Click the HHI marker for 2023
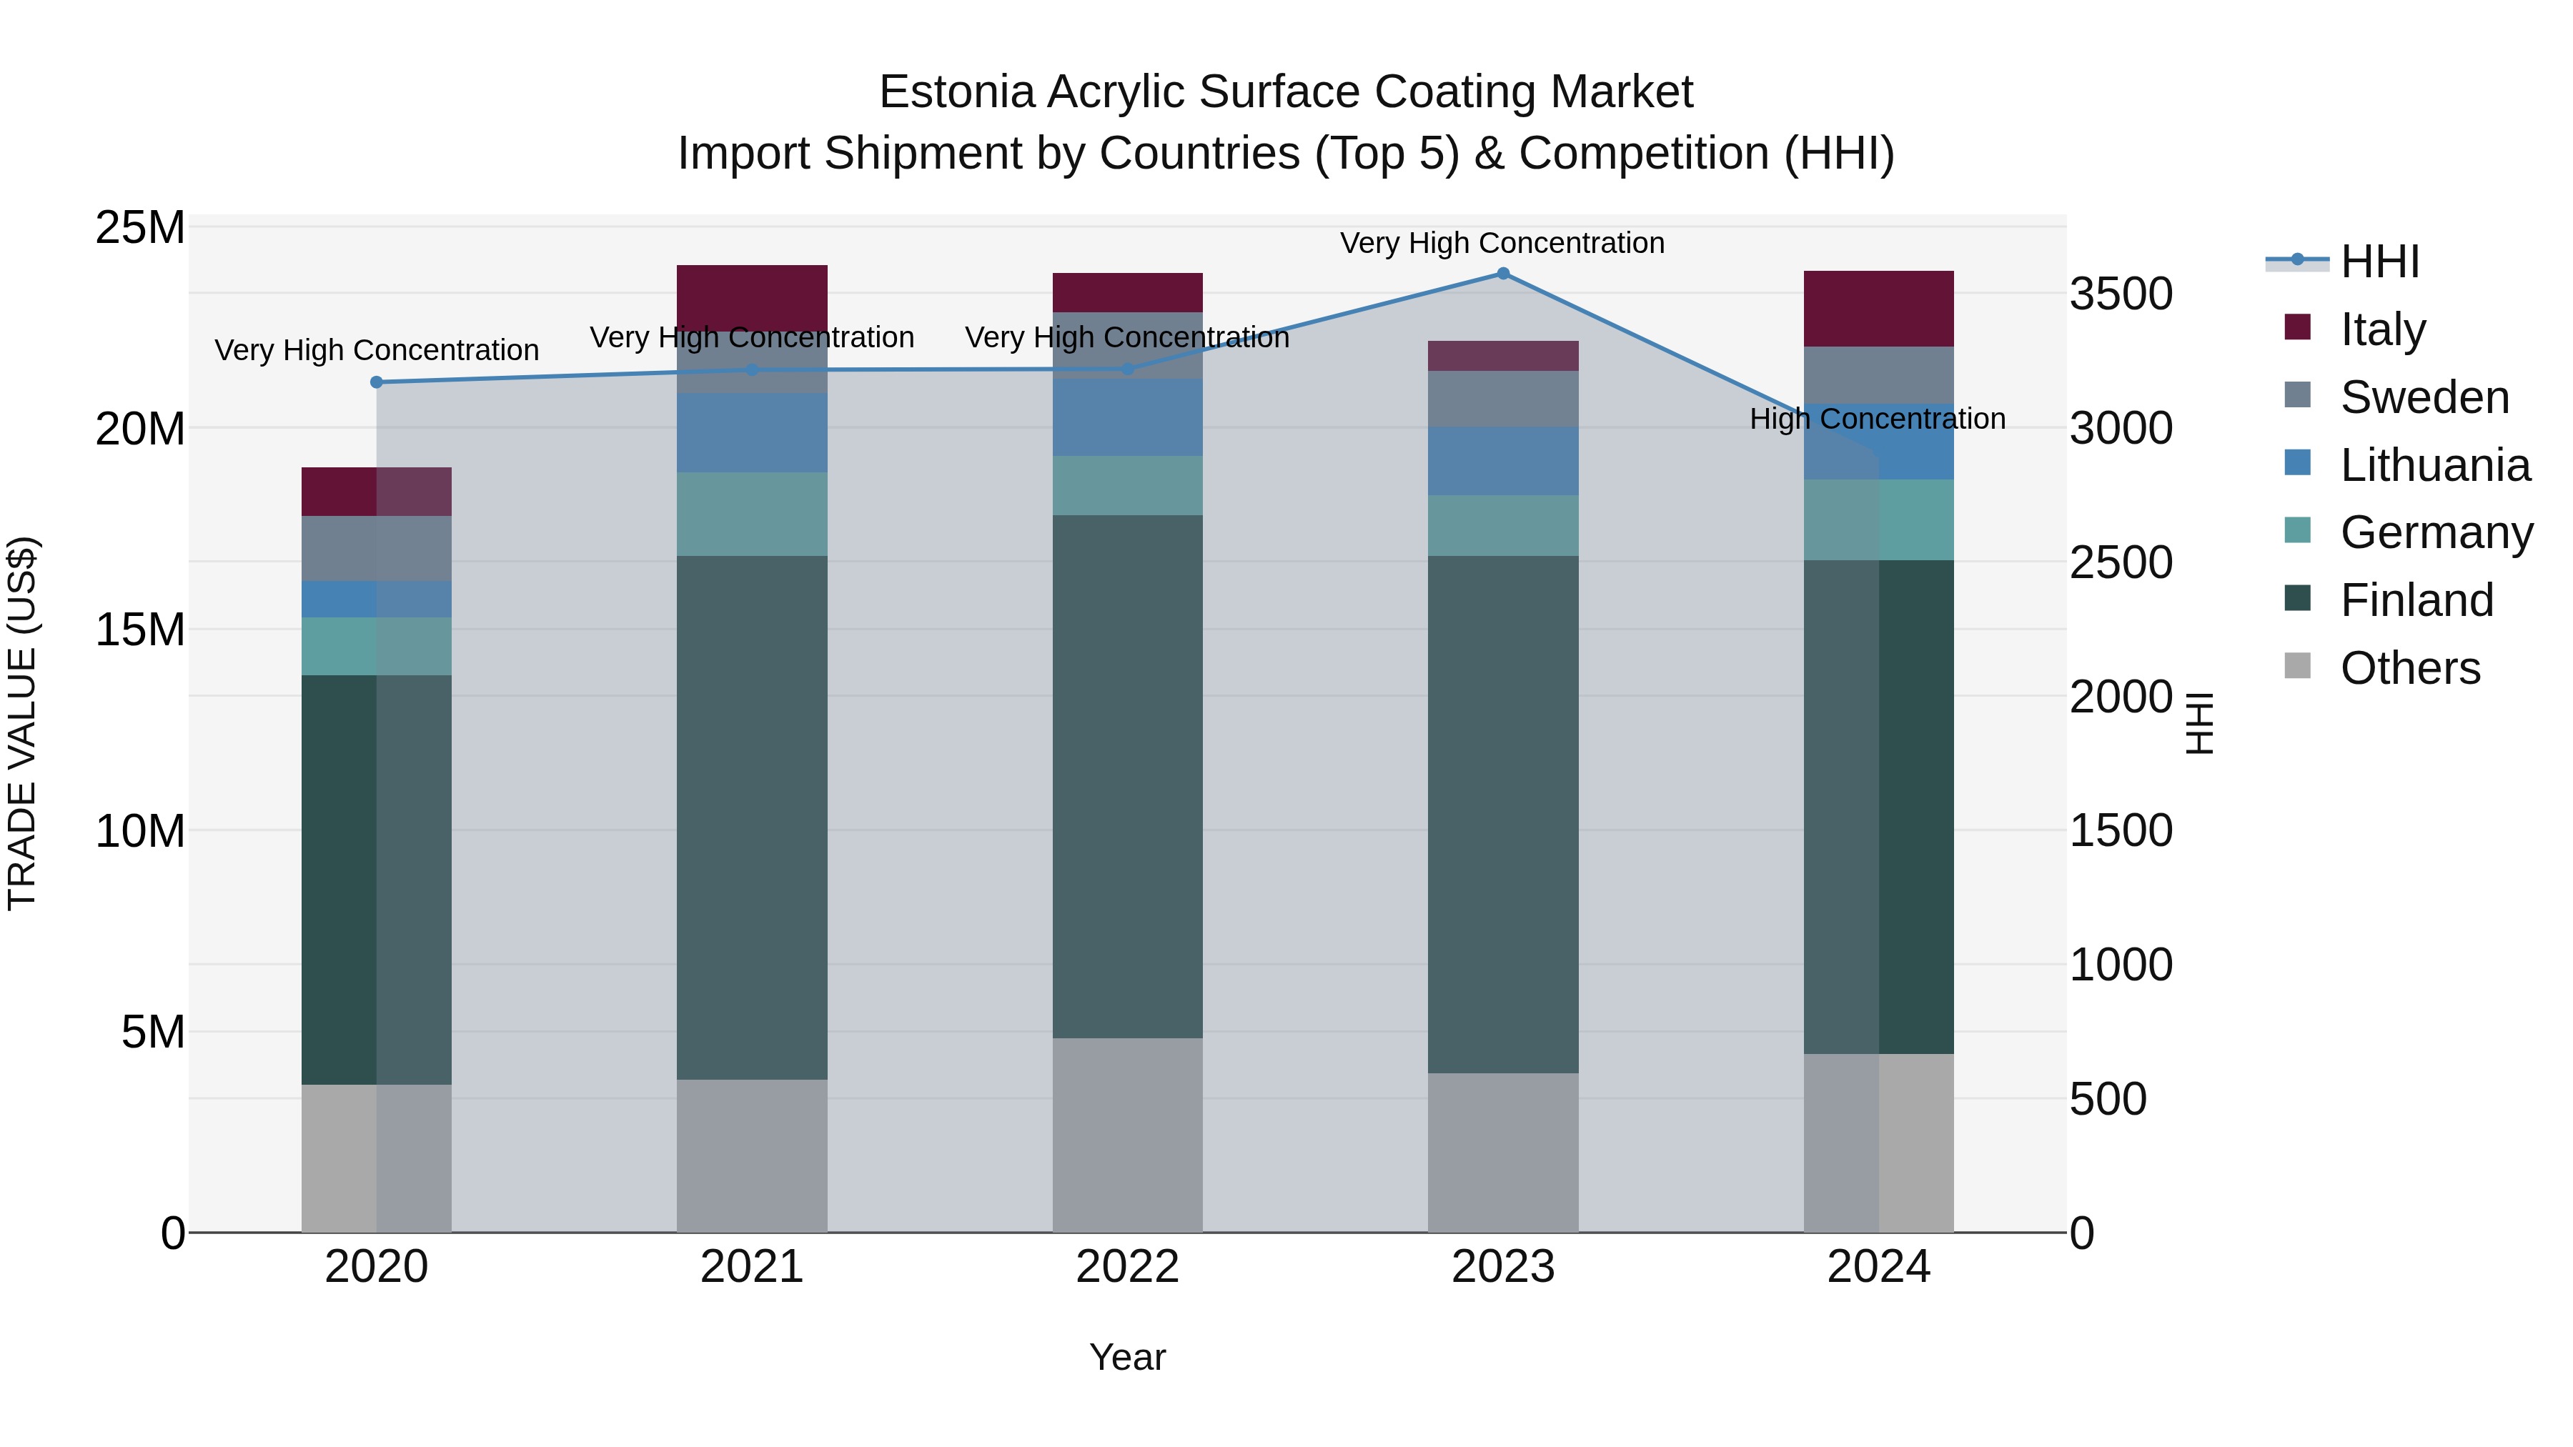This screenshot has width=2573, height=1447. pos(1502,274)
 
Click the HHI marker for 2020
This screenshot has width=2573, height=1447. pos(377,382)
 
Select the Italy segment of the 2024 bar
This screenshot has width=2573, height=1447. pos(1878,309)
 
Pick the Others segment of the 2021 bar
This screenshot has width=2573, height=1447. pos(751,1155)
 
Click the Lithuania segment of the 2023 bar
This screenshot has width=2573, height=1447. pos(1502,462)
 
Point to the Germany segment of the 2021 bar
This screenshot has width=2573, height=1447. pos(751,514)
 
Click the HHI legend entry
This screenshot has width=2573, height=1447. pos(2379,262)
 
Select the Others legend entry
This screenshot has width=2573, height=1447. pos(2409,668)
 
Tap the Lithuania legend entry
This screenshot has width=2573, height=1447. pos(2434,465)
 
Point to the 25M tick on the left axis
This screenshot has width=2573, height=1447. pos(140,228)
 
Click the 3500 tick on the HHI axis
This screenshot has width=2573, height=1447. pos(2121,294)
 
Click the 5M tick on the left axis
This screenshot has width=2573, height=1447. pos(153,1032)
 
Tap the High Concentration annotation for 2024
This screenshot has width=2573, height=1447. pos(1877,419)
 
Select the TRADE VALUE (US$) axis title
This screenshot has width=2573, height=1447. pos(22,723)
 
